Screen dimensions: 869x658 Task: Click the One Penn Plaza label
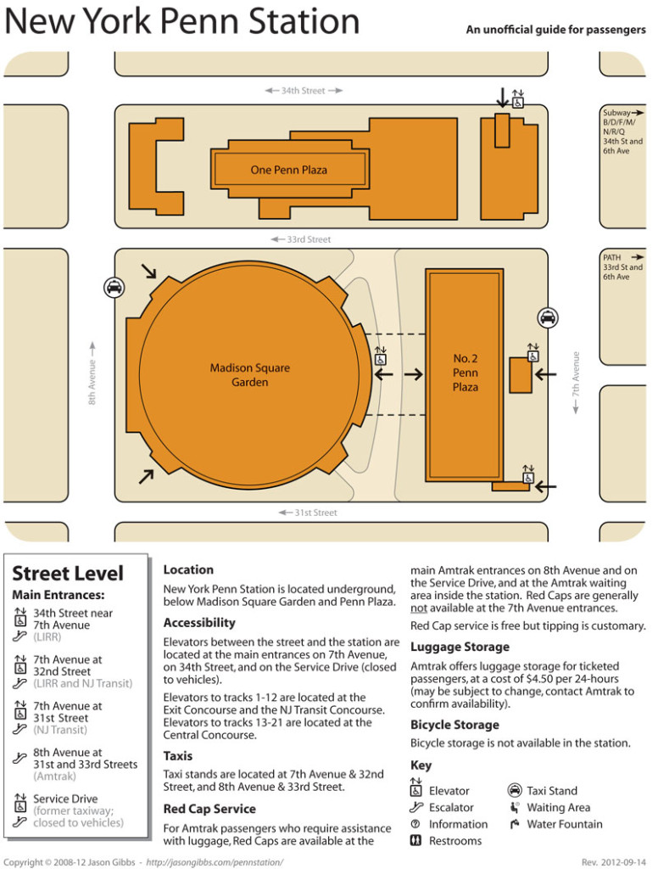pyautogui.click(x=288, y=170)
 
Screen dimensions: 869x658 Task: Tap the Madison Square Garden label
pyautogui.click(x=250, y=375)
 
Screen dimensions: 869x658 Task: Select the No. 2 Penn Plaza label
pyautogui.click(x=465, y=373)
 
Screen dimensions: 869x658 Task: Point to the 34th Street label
pyautogui.click(x=303, y=91)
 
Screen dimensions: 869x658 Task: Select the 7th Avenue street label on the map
pyautogui.click(x=576, y=383)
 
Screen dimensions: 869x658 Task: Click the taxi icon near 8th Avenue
pyautogui.click(x=114, y=288)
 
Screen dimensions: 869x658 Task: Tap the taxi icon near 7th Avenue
pyautogui.click(x=548, y=317)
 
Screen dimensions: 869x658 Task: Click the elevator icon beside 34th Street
pyautogui.click(x=517, y=100)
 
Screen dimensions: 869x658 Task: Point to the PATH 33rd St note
pyautogui.click(x=622, y=266)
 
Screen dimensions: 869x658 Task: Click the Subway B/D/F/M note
pyautogui.click(x=623, y=132)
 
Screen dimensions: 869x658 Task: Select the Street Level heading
pyautogui.click(x=68, y=573)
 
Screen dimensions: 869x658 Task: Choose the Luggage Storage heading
pyautogui.click(x=460, y=648)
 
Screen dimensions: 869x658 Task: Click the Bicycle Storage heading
pyautogui.click(x=454, y=725)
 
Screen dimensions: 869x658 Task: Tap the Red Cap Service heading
pyautogui.click(x=209, y=809)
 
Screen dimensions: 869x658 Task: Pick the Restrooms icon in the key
pyautogui.click(x=416, y=841)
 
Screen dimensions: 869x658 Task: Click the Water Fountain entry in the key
pyautogui.click(x=564, y=824)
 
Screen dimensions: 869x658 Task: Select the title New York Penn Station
pyautogui.click(x=181, y=23)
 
